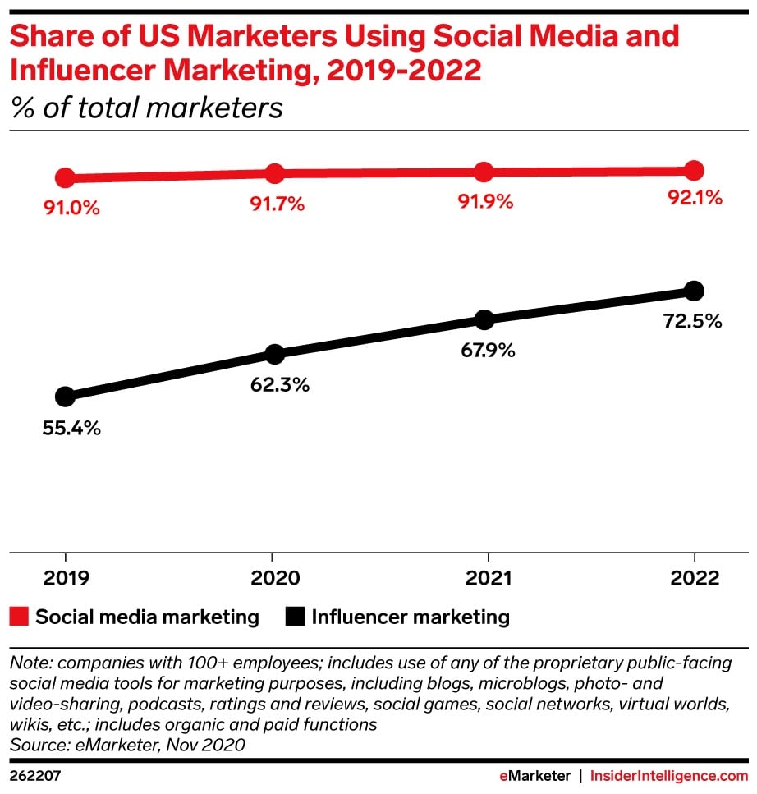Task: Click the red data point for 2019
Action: click(x=65, y=177)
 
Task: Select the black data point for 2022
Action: click(x=694, y=290)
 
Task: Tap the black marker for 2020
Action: click(x=274, y=354)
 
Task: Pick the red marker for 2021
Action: click(x=484, y=172)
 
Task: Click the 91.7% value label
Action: click(x=277, y=204)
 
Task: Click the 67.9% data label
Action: click(x=487, y=351)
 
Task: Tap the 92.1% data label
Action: click(x=695, y=198)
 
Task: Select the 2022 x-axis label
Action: click(x=695, y=578)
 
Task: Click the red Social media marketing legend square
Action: click(x=19, y=616)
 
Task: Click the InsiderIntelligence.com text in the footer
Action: click(x=669, y=775)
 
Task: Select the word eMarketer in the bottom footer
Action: click(x=534, y=775)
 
